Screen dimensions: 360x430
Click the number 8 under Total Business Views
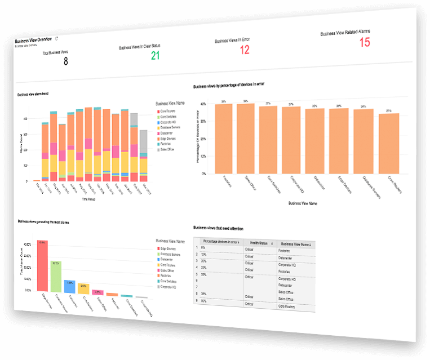coord(65,61)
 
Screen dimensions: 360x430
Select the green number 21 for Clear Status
coord(155,55)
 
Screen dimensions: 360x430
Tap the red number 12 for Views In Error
coord(244,50)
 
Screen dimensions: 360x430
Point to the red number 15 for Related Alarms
coord(365,42)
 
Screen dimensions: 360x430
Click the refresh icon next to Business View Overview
coord(56,39)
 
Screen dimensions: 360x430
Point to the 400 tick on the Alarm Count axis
coord(24,119)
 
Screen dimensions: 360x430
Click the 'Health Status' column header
coord(260,243)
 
